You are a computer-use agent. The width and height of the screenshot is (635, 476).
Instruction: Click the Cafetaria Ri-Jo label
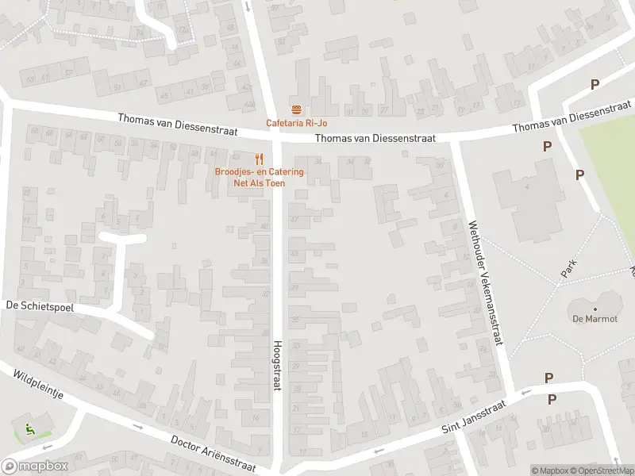(296, 123)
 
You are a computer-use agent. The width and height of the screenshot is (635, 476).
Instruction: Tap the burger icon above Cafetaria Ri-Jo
(296, 109)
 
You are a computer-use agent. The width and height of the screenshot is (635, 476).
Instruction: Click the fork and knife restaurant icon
(259, 158)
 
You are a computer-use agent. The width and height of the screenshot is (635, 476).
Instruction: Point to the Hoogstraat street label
(277, 363)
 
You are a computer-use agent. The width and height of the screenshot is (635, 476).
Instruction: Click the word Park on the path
(568, 269)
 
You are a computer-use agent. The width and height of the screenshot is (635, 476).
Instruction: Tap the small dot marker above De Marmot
(595, 309)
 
